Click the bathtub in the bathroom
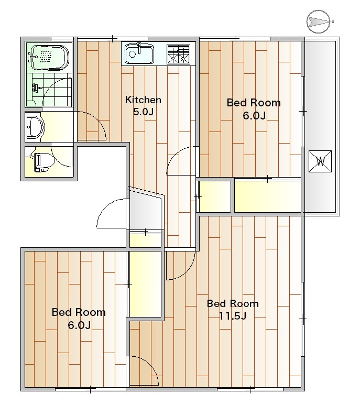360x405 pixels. click(48, 58)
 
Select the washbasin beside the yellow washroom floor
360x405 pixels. click(36, 127)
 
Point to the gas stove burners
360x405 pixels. click(179, 54)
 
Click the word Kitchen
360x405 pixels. click(143, 100)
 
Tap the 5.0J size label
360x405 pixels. click(144, 112)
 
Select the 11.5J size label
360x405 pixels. click(233, 315)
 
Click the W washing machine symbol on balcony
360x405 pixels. click(320, 161)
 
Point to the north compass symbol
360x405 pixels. click(319, 21)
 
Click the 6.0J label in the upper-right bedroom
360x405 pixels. click(254, 115)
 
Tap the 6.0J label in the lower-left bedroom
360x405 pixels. click(79, 325)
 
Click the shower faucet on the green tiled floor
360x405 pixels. click(37, 87)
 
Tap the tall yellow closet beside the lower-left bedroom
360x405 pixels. click(146, 284)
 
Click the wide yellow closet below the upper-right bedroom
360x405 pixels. click(268, 196)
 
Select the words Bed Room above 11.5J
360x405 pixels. click(233, 303)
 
